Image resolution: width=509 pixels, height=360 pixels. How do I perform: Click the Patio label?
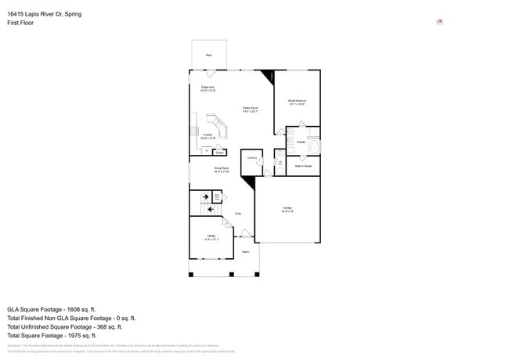[209, 55]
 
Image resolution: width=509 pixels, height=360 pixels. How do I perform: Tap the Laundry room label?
[251, 157]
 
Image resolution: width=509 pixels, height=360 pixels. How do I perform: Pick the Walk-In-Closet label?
[304, 166]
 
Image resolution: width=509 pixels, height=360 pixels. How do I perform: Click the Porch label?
[245, 251]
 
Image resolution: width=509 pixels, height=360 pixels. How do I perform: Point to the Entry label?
[238, 213]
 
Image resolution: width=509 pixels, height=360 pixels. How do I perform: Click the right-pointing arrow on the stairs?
[205, 197]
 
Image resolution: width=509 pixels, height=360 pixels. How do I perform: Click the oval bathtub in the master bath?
[315, 146]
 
